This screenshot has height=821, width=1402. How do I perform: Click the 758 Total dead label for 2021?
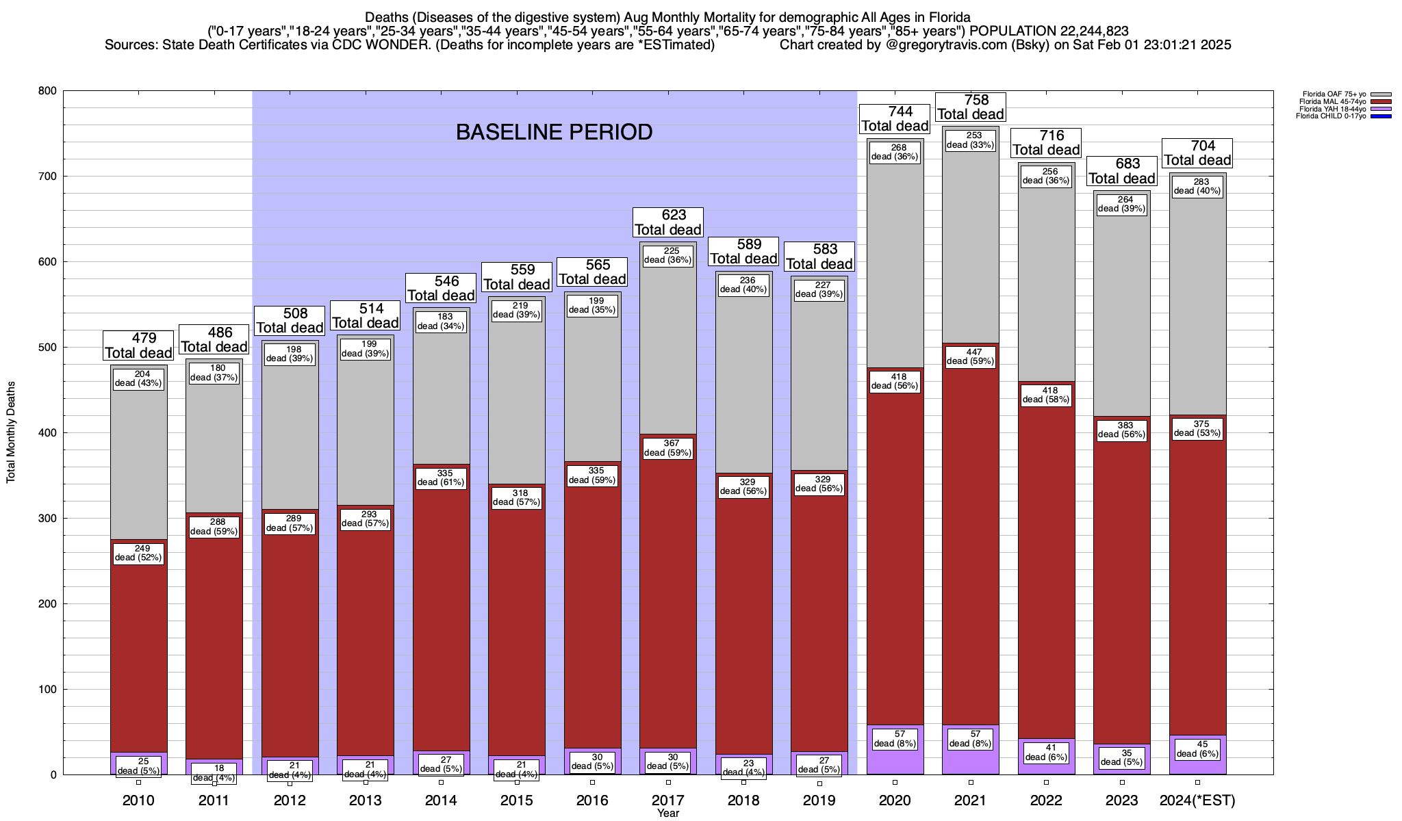click(971, 107)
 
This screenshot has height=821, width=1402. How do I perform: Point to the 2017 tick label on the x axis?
click(668, 800)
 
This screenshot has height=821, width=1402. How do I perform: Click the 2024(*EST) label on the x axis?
click(1197, 800)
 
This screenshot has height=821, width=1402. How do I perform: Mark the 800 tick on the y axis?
click(48, 91)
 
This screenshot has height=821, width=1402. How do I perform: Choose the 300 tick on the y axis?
click(48, 519)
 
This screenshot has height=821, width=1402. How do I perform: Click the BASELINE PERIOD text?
click(554, 132)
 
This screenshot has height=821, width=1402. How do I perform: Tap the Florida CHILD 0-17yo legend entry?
click(1331, 116)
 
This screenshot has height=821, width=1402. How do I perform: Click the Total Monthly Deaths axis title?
click(11, 432)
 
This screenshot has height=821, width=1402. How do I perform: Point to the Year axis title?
click(668, 813)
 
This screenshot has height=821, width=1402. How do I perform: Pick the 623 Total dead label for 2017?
click(668, 222)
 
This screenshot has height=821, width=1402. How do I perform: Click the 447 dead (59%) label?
click(971, 356)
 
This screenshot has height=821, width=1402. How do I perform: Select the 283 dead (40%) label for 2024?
click(1197, 186)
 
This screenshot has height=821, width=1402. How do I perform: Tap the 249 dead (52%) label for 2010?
click(139, 553)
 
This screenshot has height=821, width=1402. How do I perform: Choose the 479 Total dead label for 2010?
click(138, 346)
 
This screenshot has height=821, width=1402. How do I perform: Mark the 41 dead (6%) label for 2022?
click(1046, 752)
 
